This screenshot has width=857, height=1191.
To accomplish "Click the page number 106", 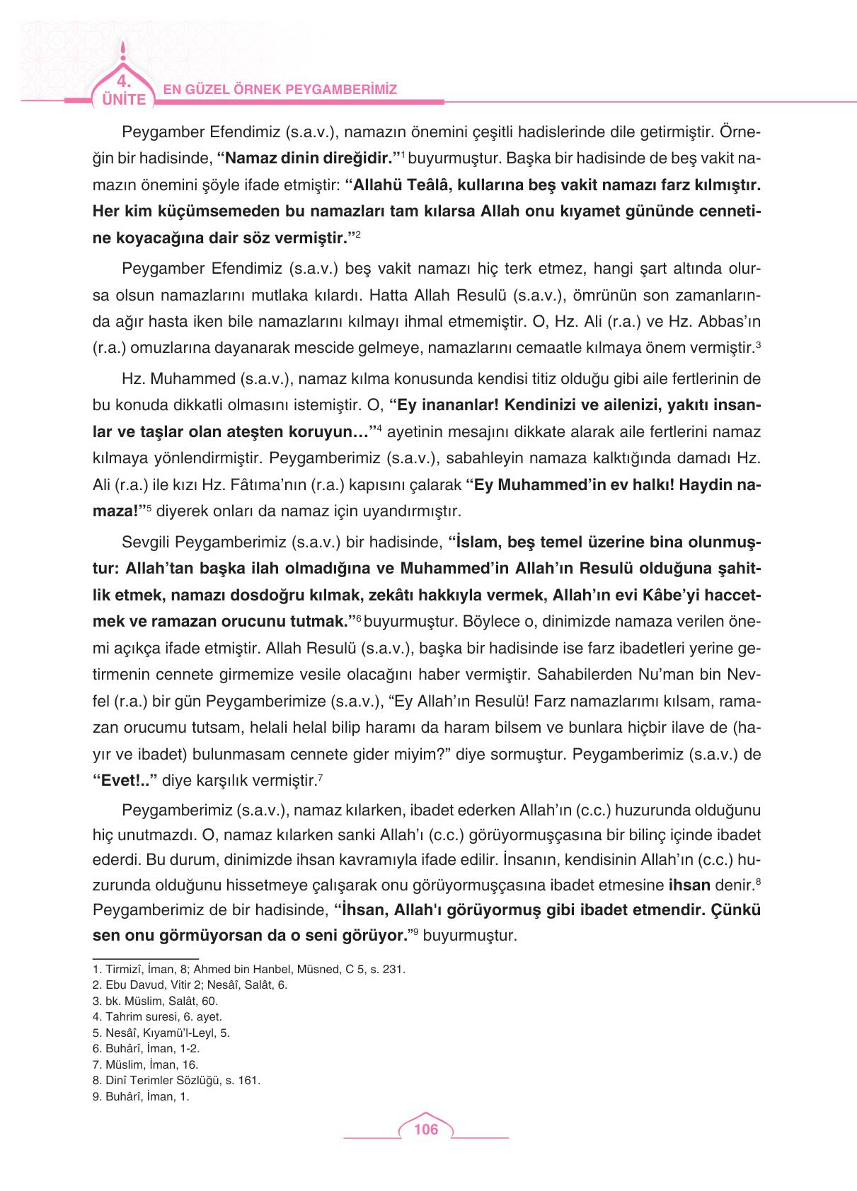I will tap(426, 1129).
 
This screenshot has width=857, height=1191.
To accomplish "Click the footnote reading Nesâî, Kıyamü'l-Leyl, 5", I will tap(166, 1033).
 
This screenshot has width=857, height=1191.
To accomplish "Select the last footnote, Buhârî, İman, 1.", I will tap(146, 1097).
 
